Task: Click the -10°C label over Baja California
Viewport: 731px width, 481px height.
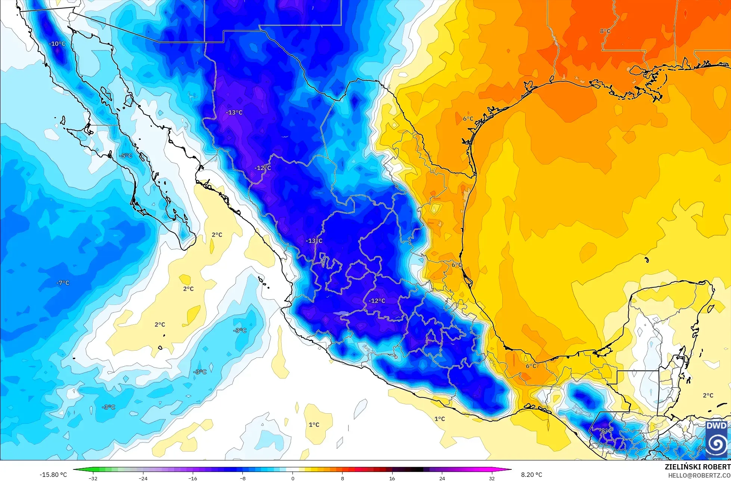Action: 57,44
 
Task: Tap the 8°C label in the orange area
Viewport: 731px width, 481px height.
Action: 605,31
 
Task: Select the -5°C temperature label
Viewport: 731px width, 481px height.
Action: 126,155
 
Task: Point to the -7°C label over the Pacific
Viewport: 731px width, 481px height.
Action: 63,283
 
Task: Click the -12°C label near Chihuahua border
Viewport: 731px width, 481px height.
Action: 263,168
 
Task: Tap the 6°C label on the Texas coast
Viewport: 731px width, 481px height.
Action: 468,119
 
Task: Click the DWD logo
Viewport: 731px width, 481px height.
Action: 716,440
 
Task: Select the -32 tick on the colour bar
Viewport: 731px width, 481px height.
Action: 93,478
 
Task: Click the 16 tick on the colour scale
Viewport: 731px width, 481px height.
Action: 392,478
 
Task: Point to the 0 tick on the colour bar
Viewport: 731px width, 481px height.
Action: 292,478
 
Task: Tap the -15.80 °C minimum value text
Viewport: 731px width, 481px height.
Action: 53,475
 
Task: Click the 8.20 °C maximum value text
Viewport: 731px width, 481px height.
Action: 532,475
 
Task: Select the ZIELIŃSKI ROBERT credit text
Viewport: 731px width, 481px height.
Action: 697,467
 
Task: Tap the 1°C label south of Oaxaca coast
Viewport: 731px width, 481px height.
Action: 440,419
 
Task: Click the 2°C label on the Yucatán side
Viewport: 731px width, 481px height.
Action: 708,395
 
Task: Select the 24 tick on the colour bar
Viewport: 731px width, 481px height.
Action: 442,478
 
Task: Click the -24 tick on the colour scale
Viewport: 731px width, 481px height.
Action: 143,478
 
